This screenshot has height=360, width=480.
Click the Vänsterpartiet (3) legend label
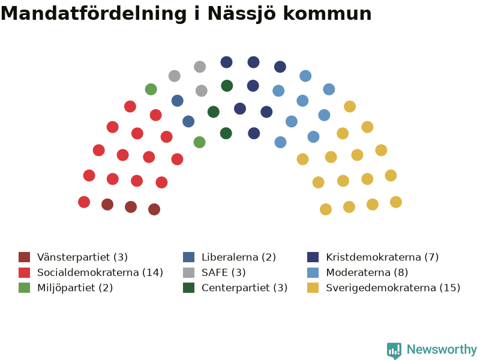click(x=82, y=257)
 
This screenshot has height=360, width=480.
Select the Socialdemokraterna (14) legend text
click(x=100, y=272)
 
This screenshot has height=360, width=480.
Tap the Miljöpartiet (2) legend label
click(x=75, y=288)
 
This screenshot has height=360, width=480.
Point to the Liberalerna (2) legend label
click(x=239, y=257)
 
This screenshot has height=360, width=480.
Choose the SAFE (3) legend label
click(x=223, y=272)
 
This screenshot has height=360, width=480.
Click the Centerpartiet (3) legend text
click(x=245, y=288)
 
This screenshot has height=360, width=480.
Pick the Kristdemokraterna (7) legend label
click(x=382, y=257)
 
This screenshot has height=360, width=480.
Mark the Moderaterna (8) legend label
click(x=367, y=272)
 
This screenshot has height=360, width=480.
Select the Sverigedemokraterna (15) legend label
click(x=393, y=288)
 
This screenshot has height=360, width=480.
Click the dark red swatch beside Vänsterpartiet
click(x=24, y=257)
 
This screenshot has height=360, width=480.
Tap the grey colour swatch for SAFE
click(x=188, y=272)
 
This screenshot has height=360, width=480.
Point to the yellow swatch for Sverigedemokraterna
click(x=313, y=288)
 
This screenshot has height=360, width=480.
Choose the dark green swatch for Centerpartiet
click(x=188, y=288)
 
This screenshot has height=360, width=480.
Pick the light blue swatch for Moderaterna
click(x=313, y=272)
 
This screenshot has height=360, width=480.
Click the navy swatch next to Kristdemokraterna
click(x=313, y=257)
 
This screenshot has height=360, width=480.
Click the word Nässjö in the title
click(x=242, y=14)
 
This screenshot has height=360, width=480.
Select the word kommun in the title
click(x=327, y=14)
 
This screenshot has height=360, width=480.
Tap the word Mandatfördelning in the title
click(x=94, y=14)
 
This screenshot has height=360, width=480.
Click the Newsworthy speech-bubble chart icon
click(x=394, y=350)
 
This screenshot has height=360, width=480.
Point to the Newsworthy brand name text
click(x=442, y=349)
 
